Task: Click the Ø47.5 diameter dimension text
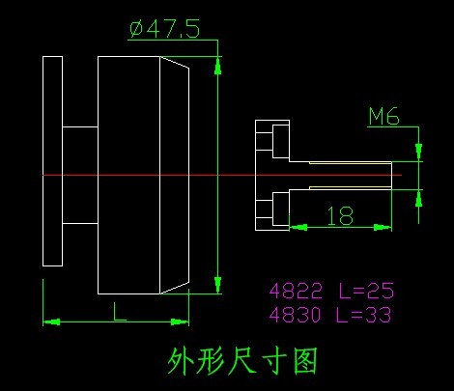pos(164,29)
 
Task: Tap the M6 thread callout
pos(383,116)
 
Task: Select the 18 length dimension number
pos(340,215)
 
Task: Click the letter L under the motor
pos(119,311)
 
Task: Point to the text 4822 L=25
pos(331,291)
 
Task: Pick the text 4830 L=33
pos(330,314)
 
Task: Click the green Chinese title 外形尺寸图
pos(242,361)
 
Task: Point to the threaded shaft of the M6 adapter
pos(340,175)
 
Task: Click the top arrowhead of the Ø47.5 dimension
pos(218,67)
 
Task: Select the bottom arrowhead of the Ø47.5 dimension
pos(218,284)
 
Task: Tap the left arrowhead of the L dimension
pos(51,321)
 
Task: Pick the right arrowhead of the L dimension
pos(180,321)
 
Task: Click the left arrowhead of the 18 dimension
pos(298,228)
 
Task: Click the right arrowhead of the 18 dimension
pos(383,228)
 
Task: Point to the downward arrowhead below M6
pos(418,152)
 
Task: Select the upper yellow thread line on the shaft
pos(351,163)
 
